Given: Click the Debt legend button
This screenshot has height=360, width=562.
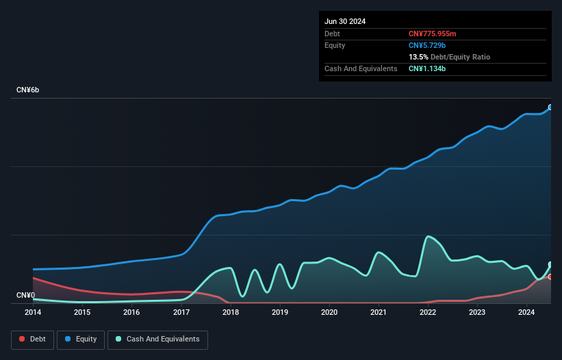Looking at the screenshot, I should coord(34,339).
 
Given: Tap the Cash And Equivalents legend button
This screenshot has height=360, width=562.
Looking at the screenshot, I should coord(157,339).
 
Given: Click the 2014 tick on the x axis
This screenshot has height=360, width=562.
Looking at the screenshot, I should coord(33,313).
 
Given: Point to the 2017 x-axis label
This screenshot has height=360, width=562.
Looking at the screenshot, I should coord(181,313).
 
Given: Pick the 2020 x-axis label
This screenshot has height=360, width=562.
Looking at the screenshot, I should coord(329,313).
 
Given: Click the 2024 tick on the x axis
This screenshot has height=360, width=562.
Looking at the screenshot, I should coord(526,313).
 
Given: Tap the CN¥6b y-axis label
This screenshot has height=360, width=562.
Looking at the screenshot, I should coord(28,90).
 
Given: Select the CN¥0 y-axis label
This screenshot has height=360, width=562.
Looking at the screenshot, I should coord(26,296).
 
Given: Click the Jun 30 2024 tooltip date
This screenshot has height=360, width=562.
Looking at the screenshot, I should coord(345,21).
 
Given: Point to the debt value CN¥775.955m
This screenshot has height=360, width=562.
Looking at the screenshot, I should coord(432,34).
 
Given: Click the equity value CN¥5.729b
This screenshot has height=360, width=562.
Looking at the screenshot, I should coord(426,45).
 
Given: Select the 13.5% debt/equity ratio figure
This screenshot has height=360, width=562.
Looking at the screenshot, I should coord(418,57).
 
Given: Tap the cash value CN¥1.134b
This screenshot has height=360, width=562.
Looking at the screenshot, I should coord(427,68).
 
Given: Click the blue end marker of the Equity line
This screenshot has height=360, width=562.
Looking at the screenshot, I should coord(550,107).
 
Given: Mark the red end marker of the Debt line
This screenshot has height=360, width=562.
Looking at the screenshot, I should coord(550,277).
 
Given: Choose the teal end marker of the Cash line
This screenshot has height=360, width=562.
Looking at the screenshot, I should coord(550,265).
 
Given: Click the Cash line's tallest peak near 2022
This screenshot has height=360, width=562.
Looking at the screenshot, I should coord(428,237).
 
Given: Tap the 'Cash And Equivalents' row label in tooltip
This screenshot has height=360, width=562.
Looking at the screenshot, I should coord(361,68).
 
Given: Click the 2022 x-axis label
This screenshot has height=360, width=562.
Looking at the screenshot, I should coord(428,313).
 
